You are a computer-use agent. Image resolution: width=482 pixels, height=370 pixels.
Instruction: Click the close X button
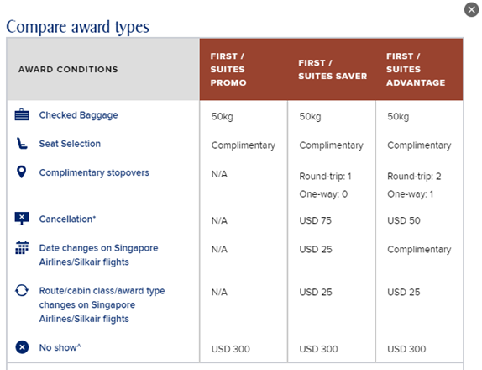(472, 9)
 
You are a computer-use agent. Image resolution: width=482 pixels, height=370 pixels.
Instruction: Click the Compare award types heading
(78, 27)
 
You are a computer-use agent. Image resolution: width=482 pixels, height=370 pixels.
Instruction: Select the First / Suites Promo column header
(228, 69)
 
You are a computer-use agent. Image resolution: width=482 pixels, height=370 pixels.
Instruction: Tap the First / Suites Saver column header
(333, 69)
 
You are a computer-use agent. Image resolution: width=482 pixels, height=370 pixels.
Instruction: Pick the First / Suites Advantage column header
(416, 69)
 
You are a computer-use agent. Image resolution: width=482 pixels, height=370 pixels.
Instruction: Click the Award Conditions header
(68, 69)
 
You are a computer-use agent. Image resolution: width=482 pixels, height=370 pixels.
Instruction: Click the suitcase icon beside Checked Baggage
(22, 115)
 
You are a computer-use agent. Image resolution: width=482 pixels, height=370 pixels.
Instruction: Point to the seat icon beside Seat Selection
(22, 144)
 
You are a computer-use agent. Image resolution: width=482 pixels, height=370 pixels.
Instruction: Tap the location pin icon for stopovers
(22, 172)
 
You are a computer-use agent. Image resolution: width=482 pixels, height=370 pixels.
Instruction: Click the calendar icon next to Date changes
(22, 247)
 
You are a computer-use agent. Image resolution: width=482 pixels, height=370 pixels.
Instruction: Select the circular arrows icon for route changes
(22, 290)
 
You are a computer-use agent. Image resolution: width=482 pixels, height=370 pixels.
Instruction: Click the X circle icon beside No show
(22, 347)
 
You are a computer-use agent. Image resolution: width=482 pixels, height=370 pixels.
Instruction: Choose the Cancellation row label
(67, 219)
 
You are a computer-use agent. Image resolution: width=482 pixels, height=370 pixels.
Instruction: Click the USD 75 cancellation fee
(316, 220)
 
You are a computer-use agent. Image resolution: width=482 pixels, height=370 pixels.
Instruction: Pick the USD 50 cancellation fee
(404, 220)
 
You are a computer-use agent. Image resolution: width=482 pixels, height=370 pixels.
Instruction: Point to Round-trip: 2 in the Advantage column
(414, 176)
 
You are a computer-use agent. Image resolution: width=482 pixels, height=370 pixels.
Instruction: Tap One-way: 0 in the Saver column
(323, 194)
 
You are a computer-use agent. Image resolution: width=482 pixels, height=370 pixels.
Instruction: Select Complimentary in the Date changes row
(419, 250)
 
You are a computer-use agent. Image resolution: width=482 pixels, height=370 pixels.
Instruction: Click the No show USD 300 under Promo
(231, 349)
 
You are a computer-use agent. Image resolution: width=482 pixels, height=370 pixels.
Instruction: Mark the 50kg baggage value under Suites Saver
(310, 116)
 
